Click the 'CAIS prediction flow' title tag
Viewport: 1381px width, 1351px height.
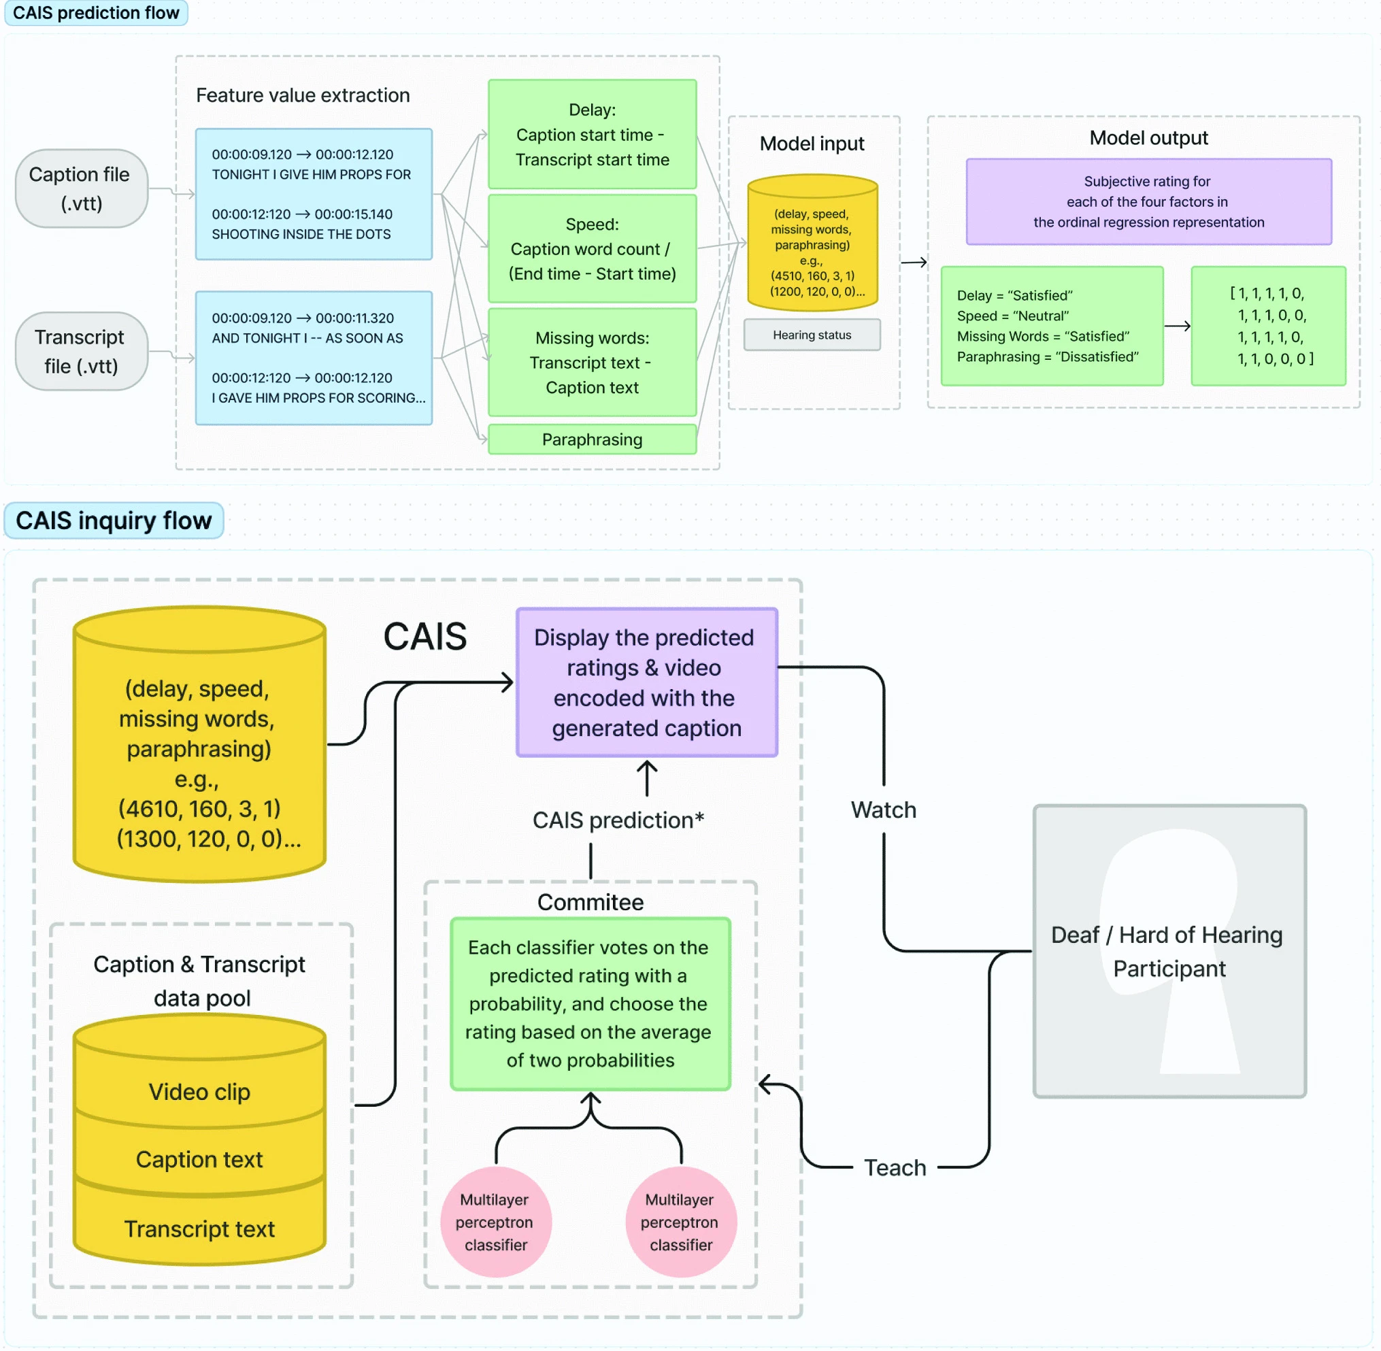tap(96, 13)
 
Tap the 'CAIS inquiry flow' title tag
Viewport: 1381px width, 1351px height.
tap(114, 520)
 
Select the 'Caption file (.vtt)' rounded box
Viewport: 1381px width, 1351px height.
tap(81, 188)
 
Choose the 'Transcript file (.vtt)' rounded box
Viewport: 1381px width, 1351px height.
tap(81, 351)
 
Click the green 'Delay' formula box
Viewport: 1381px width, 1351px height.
tap(592, 134)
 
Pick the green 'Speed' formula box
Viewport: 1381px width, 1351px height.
tap(592, 248)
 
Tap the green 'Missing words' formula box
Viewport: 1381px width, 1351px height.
tap(592, 362)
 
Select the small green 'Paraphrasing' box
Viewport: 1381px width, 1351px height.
tap(592, 439)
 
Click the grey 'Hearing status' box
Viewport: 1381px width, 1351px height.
tap(812, 334)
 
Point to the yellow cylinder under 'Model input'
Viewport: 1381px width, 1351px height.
tap(812, 245)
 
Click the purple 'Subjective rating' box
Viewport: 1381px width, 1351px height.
tap(1148, 201)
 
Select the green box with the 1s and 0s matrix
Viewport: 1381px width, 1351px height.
tap(1268, 326)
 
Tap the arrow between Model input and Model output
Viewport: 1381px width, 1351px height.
tap(914, 263)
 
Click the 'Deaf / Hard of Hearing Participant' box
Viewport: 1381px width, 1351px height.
tap(1169, 951)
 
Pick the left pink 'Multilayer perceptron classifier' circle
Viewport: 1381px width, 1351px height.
tap(495, 1221)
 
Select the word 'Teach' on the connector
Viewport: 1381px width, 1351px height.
tap(895, 1167)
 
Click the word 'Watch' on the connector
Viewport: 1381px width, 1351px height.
tap(884, 810)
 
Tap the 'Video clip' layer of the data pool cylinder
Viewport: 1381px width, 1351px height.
tap(199, 1091)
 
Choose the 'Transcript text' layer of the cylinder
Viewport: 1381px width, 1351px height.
tap(199, 1229)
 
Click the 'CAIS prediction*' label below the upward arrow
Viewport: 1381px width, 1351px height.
tap(618, 820)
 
